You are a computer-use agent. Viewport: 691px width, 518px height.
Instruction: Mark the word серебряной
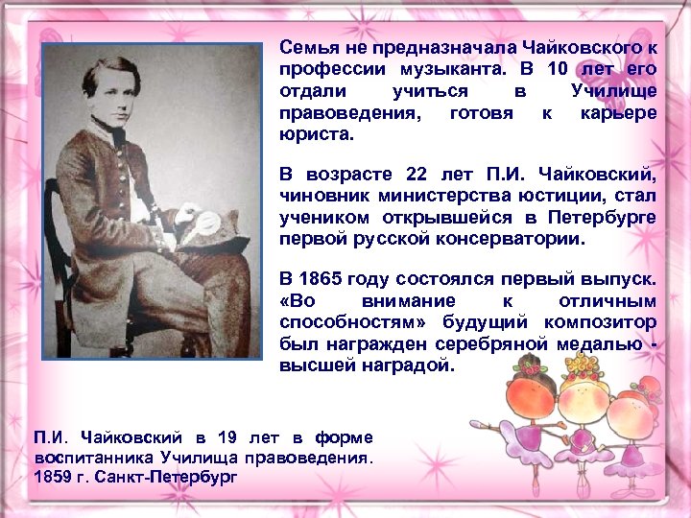[485, 345]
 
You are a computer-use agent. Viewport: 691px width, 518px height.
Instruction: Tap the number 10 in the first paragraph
[558, 70]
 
